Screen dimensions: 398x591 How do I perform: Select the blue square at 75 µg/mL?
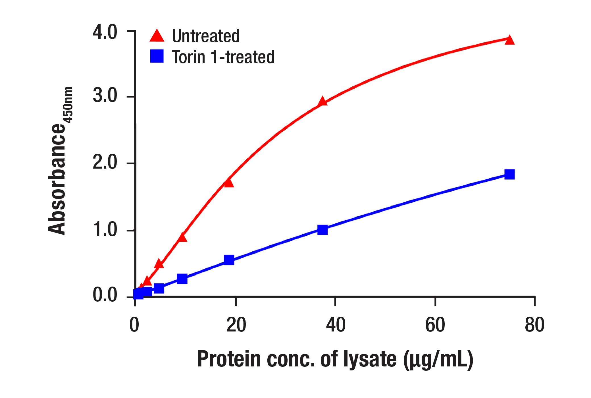(510, 174)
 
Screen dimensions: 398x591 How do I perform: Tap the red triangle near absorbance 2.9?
(322, 101)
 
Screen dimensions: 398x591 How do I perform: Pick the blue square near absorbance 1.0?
(322, 230)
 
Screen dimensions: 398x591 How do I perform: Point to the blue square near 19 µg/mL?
(229, 260)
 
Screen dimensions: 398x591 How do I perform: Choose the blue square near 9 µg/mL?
(182, 279)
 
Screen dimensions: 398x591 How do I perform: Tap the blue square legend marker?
(157, 56)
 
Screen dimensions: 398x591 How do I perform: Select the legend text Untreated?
(206, 36)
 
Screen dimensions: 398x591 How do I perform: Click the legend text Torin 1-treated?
(223, 57)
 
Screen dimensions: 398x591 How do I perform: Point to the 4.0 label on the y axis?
(105, 32)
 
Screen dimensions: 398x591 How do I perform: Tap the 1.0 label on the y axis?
(105, 229)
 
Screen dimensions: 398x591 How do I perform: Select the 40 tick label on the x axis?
(336, 325)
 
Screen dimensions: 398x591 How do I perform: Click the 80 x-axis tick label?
(534, 325)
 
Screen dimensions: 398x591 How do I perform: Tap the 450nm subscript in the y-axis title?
(68, 105)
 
